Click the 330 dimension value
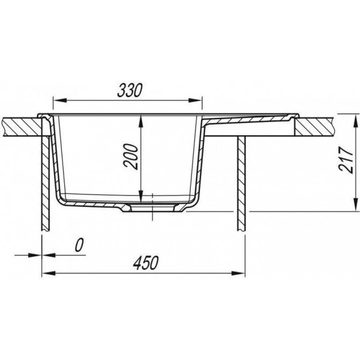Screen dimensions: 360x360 pos(130,90)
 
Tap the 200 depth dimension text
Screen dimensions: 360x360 pos(131,157)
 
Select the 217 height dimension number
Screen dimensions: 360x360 pos(346,160)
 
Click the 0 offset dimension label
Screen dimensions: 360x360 pos(79,245)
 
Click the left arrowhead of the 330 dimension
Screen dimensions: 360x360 pos(60,100)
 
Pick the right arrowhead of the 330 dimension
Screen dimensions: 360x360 pos(195,100)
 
